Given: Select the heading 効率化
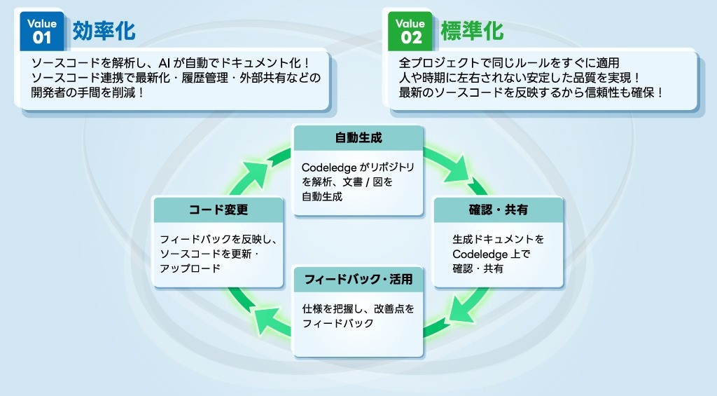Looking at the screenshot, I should coord(104,31).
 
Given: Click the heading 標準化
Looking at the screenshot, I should coord(472,31).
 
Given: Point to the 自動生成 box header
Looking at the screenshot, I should coord(358,137).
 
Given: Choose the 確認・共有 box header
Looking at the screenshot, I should coord(498,210).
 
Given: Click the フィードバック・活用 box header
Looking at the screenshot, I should coord(358,280).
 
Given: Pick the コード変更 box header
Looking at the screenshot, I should coord(218,210).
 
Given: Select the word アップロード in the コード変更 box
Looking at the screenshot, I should coord(190,268).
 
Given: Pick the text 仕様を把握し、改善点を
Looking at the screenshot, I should coord(358,308).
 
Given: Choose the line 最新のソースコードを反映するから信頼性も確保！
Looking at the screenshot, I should coord(531,93).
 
